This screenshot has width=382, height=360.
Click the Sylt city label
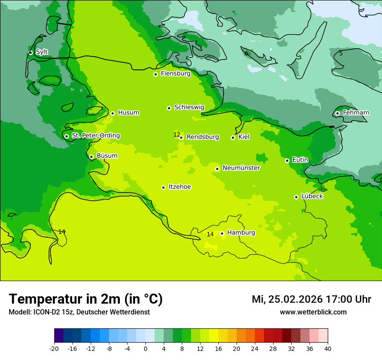(x=42, y=52)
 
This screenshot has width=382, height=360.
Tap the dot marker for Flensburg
(x=155, y=74)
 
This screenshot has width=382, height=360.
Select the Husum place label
(x=128, y=113)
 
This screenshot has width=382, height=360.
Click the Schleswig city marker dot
(x=169, y=108)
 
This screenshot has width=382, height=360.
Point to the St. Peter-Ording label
(x=95, y=136)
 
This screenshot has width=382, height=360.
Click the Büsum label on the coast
(x=107, y=156)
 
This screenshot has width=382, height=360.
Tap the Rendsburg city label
(x=203, y=137)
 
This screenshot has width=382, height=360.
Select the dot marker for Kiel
(x=233, y=137)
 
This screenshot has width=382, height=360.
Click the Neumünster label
(x=241, y=168)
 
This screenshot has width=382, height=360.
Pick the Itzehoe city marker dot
(x=163, y=187)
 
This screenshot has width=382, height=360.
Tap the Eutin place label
(x=300, y=160)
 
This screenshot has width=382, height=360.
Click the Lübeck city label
(x=312, y=196)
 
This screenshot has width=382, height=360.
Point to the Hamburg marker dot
(x=222, y=233)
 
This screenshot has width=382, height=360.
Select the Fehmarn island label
(x=356, y=113)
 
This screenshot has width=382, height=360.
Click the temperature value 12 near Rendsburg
(x=177, y=134)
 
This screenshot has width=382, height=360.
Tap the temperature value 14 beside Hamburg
(x=210, y=234)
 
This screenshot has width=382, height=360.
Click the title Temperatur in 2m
(x=86, y=299)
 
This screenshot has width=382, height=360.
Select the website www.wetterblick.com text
(x=313, y=312)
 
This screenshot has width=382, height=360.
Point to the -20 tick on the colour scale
(x=54, y=349)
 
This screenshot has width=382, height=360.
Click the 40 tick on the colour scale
(x=327, y=349)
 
